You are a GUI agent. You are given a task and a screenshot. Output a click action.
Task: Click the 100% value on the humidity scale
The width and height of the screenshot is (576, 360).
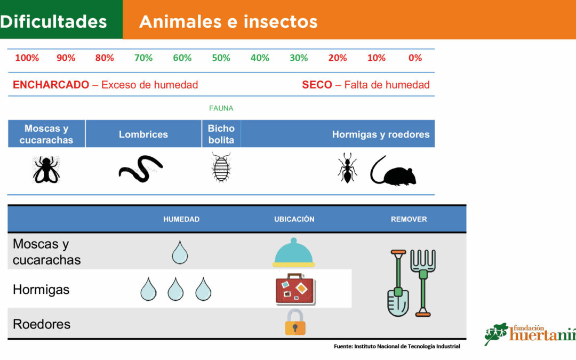[27, 58]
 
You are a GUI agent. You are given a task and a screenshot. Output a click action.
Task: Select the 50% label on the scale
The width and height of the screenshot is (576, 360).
[221, 58]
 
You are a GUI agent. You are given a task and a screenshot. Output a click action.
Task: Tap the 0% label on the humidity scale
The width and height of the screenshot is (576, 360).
[415, 58]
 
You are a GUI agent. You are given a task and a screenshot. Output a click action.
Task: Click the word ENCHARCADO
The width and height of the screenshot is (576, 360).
[51, 85]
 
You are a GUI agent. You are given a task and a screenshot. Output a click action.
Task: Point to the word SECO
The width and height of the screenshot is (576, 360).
[317, 85]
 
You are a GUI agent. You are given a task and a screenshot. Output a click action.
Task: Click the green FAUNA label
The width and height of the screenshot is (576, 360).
[221, 108]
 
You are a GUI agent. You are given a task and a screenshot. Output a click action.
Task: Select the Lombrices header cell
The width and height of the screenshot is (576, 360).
[143, 134]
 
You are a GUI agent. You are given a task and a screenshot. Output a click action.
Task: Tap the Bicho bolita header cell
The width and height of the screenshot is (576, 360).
[221, 134]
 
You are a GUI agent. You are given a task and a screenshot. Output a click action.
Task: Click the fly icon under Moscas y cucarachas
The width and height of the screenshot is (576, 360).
[46, 170]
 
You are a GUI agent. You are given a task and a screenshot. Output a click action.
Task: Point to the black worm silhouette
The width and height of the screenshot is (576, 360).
[141, 169]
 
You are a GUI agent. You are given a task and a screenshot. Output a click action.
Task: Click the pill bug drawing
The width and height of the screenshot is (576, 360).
[221, 167]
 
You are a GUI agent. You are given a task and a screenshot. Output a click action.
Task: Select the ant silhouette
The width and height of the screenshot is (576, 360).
[347, 168]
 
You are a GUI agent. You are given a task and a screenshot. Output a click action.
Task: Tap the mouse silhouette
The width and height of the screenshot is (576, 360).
[394, 172]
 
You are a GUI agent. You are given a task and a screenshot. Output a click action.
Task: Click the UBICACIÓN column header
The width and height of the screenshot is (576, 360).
[294, 219]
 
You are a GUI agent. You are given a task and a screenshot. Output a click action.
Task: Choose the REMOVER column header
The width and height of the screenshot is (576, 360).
[409, 219]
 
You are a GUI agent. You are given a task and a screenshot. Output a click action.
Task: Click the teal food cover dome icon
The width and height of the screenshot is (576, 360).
[293, 253]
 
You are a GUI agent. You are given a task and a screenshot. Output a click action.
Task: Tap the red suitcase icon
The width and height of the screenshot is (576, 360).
[295, 290]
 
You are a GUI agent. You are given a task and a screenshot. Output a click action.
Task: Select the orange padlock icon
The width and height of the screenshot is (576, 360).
[295, 322]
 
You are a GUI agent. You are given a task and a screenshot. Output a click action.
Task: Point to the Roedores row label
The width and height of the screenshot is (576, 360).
[42, 324]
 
